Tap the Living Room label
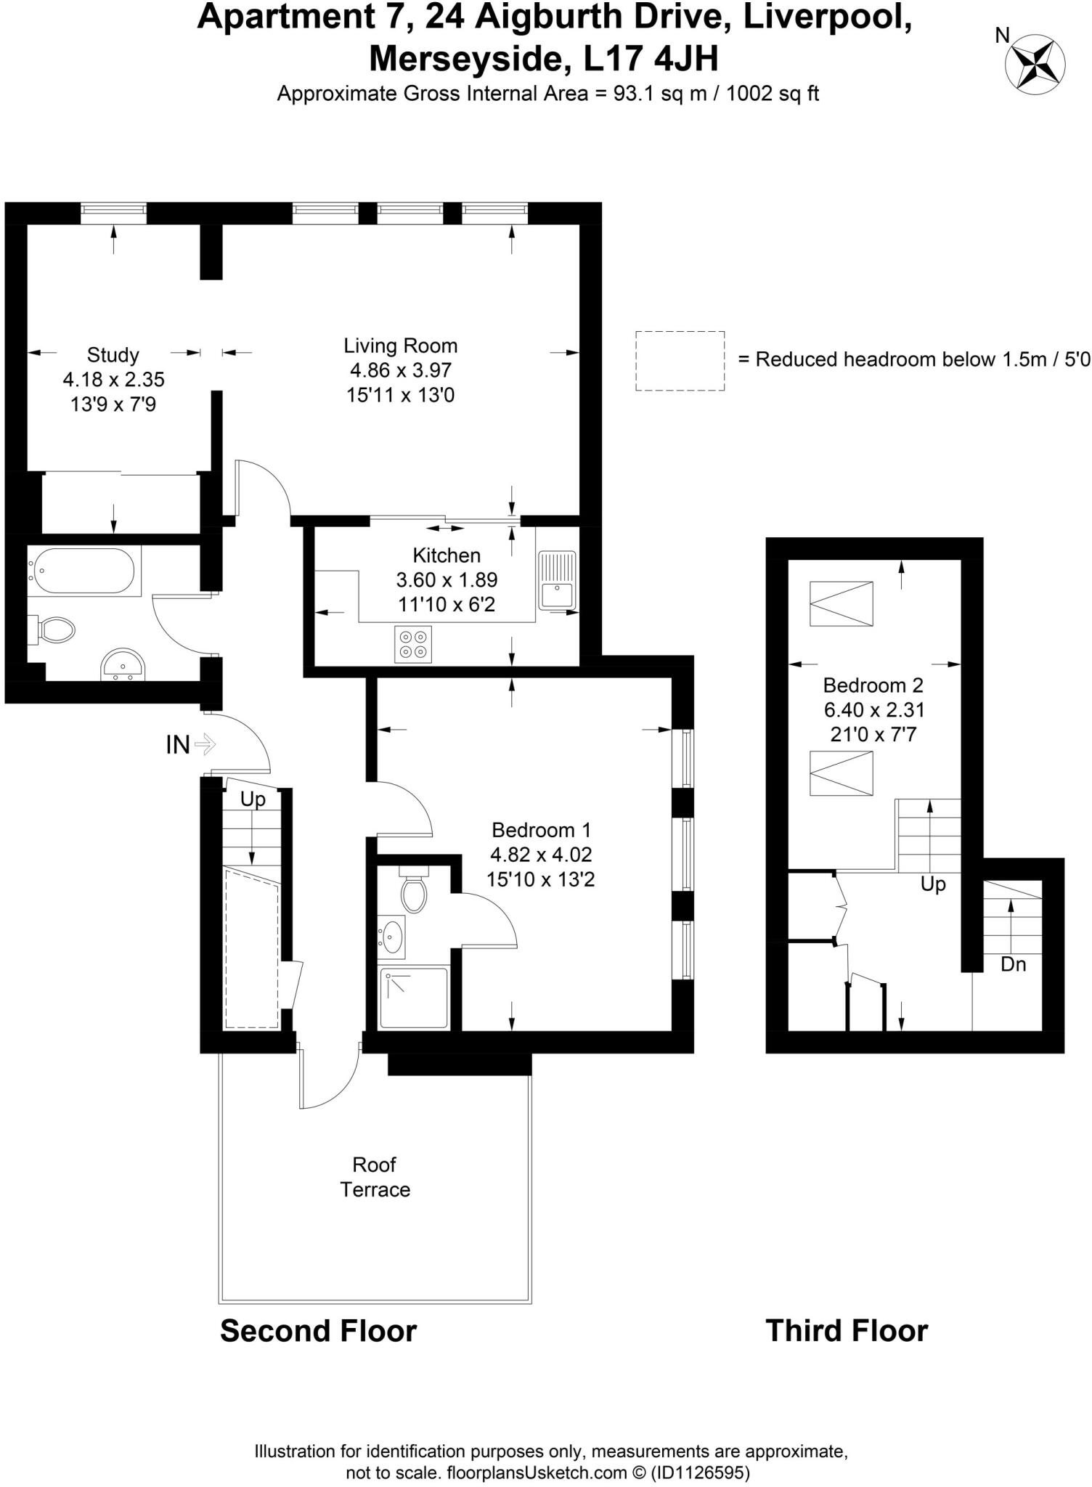click(x=400, y=346)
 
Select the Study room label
click(x=113, y=355)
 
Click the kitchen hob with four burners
click(x=413, y=644)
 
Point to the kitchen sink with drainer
click(x=557, y=580)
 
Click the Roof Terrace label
click(x=375, y=1177)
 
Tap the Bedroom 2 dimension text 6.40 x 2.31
click(x=873, y=709)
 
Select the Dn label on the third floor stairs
click(x=1013, y=964)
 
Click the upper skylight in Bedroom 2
click(x=842, y=603)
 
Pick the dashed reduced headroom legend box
click(x=680, y=361)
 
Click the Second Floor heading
click(x=318, y=1332)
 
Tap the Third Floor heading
click(x=847, y=1332)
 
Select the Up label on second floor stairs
click(x=253, y=799)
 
